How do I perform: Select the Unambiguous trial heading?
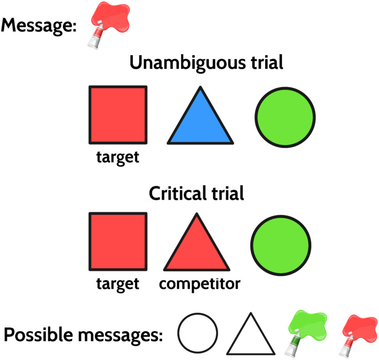[x=206, y=64]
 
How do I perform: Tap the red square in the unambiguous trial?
[x=118, y=114]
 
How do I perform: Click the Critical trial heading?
[x=196, y=193]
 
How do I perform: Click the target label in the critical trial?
[x=118, y=284]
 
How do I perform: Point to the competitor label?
[x=199, y=284]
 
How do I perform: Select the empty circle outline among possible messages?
[x=197, y=333]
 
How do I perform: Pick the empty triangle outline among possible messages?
[x=250, y=336]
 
